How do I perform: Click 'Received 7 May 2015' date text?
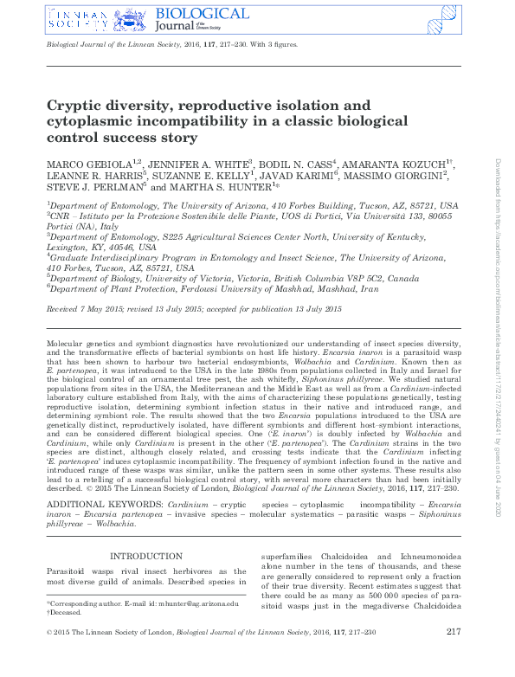point(87,309)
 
